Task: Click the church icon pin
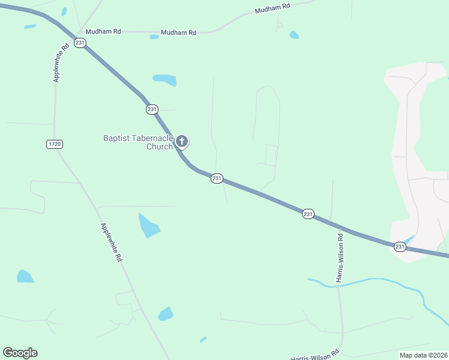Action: click(182, 142)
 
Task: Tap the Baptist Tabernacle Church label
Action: click(138, 142)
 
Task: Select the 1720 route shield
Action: click(54, 144)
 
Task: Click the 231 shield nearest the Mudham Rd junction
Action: click(80, 42)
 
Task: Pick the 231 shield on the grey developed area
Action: click(400, 247)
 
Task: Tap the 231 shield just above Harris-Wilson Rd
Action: click(308, 214)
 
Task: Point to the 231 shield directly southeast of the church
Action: click(217, 178)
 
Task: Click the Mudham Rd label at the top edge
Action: click(272, 8)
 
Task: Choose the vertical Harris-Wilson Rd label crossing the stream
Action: click(340, 261)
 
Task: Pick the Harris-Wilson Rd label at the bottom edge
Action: click(315, 355)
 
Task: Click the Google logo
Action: click(20, 353)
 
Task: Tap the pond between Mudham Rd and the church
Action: click(164, 80)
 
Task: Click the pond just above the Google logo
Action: click(25, 276)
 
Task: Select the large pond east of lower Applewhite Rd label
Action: click(148, 226)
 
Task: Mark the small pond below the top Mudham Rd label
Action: click(294, 35)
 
